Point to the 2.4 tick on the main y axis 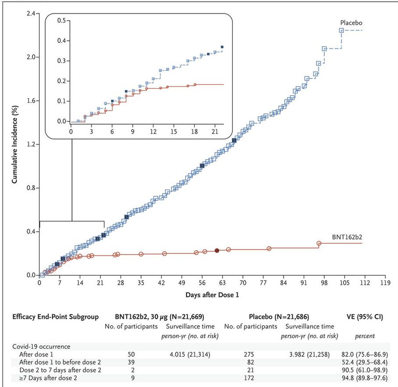coord(30,13)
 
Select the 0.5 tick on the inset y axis coord(61,21)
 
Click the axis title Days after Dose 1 coord(212,295)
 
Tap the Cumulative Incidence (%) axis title coord(15,144)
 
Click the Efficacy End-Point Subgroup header coord(52,317)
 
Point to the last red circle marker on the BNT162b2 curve coord(319,243)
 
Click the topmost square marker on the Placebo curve coord(341,30)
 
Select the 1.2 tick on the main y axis coord(30,144)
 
